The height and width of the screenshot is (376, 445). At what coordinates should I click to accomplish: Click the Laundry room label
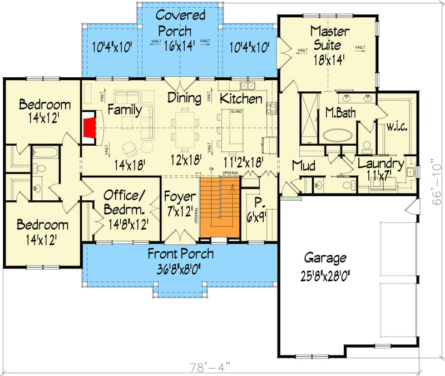point(380,164)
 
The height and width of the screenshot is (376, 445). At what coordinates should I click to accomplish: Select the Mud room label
point(304,166)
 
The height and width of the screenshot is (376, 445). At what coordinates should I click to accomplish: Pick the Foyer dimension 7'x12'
point(180,211)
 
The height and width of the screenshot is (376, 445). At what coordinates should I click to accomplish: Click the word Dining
point(184,98)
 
